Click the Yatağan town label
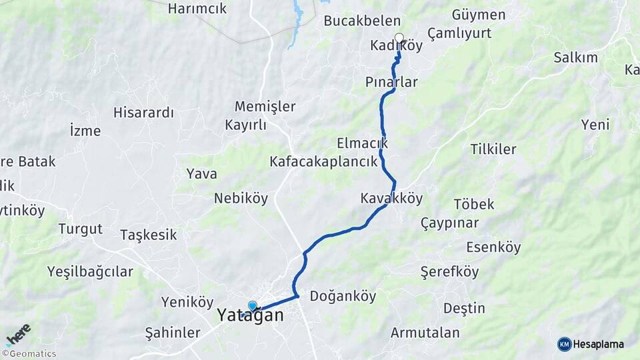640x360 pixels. tap(250, 315)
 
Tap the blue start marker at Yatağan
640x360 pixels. tap(253, 306)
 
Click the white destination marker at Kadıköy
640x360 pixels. tap(399, 38)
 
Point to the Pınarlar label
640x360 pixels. tap(391, 82)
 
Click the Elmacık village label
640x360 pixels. tap(362, 143)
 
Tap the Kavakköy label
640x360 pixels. tap(391, 198)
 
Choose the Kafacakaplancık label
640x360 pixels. tap(323, 161)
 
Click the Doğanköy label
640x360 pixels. tap(343, 296)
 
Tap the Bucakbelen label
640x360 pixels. tap(362, 21)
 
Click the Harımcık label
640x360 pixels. tap(197, 9)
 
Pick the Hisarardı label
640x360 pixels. tap(143, 112)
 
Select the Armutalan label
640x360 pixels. tap(425, 333)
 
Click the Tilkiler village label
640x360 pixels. tap(493, 149)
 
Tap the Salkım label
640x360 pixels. tap(575, 57)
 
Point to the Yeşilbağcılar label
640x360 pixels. tap(90, 271)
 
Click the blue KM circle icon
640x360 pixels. tap(564, 344)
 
